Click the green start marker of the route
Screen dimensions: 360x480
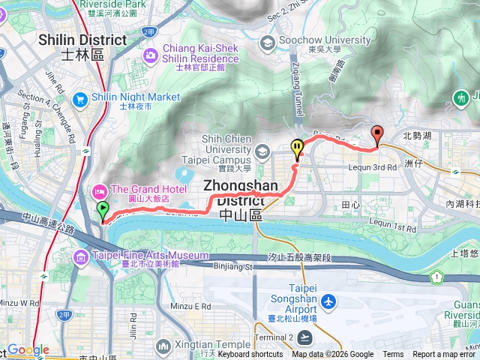101,211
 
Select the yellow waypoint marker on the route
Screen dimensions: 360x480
297,148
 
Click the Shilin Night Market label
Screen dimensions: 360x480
136,97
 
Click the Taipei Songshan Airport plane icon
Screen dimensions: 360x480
328,301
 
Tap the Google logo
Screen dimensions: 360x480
28,349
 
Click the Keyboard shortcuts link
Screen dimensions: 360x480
250,355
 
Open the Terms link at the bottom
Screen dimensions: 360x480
393,355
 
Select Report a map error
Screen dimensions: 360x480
445,355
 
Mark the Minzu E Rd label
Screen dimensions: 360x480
193,307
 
